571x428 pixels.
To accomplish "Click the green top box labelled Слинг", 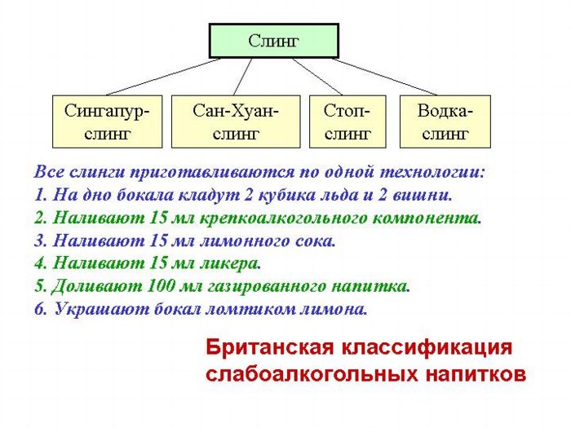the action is [x=274, y=41].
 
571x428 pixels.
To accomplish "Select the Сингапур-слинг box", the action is [x=107, y=121].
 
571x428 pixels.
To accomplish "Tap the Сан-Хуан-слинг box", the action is [x=236, y=121].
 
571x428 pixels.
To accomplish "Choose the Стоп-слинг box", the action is [x=347, y=121].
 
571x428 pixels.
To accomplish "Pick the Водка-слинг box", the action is [x=445, y=121].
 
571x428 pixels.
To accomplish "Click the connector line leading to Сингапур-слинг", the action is [x=163, y=77].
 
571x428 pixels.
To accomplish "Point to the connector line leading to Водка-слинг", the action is [x=384, y=77].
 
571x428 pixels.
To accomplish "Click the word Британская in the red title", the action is [x=269, y=346].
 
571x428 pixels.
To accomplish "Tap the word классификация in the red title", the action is [x=427, y=348].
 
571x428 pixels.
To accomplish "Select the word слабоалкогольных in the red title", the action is [x=312, y=373].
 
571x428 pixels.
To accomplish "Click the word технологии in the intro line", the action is [x=432, y=172].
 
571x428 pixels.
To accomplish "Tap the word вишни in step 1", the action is [x=423, y=195].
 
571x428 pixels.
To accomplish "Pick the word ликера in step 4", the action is [x=230, y=263].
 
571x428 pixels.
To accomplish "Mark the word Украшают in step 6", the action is [x=102, y=309].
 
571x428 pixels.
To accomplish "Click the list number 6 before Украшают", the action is [x=41, y=309].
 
